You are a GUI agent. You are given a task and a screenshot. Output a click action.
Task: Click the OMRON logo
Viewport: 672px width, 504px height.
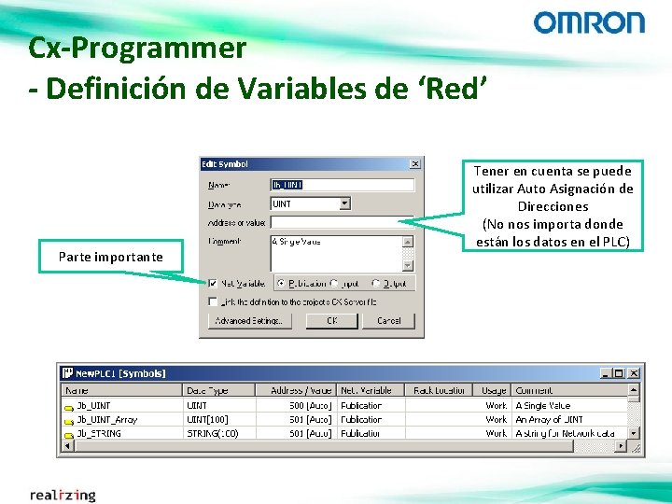(589, 23)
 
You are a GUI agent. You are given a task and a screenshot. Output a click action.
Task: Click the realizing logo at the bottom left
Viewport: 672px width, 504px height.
(63, 495)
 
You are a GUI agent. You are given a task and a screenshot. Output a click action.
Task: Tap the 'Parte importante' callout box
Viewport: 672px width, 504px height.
(110, 257)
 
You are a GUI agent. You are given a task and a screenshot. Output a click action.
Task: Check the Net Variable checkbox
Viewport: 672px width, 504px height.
(214, 283)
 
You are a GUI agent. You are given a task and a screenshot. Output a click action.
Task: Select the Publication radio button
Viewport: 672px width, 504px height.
(280, 283)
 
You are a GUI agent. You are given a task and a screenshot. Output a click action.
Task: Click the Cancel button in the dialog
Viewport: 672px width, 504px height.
(388, 320)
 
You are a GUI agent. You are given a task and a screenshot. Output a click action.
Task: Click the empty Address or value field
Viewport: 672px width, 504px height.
(341, 222)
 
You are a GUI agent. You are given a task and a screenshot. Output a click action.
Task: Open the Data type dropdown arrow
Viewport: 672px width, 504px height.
(344, 203)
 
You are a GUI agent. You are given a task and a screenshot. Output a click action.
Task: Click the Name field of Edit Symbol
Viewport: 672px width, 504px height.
(341, 185)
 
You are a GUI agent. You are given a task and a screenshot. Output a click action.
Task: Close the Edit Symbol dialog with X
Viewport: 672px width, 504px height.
(414, 164)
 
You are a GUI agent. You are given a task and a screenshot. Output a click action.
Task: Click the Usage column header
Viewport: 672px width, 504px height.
(494, 390)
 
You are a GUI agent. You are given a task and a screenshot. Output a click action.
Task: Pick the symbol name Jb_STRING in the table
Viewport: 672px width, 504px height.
(99, 433)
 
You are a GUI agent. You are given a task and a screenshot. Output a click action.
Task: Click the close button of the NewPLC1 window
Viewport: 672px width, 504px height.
(633, 373)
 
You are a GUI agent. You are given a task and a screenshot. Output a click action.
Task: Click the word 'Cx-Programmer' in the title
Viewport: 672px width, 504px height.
(137, 48)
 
